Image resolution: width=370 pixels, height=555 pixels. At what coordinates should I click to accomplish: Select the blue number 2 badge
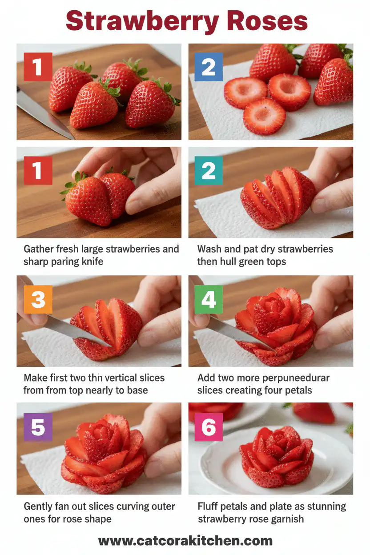click(209, 67)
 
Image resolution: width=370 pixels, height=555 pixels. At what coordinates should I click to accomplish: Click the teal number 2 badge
click(209, 171)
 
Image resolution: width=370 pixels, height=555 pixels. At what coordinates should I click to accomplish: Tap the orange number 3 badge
click(38, 299)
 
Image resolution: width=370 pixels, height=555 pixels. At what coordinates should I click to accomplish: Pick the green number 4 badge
click(209, 299)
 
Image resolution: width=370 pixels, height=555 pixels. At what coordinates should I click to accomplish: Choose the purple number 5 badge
click(38, 426)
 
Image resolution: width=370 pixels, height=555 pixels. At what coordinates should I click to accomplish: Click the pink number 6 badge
click(209, 426)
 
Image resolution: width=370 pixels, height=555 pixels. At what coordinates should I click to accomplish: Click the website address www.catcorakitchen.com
click(185, 541)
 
